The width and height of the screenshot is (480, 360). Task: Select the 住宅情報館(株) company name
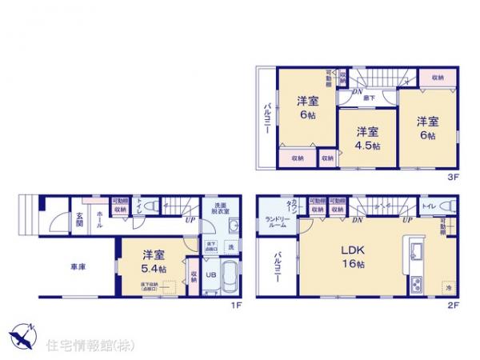tap(84, 346)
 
